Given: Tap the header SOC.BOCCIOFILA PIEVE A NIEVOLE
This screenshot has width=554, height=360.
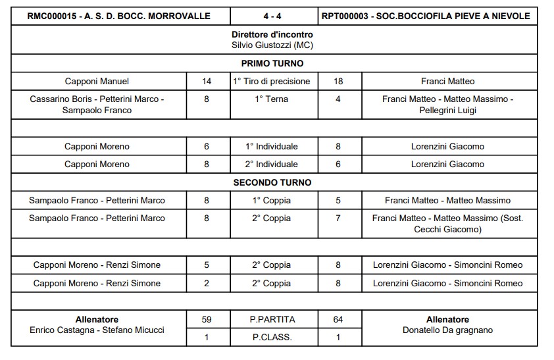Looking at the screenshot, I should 455,16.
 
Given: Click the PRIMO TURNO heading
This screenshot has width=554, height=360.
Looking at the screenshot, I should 272,64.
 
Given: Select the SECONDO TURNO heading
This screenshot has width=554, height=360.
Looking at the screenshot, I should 272,182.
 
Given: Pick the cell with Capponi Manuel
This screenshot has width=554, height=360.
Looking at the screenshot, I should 97,82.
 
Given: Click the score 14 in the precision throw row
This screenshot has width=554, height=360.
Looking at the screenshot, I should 207,82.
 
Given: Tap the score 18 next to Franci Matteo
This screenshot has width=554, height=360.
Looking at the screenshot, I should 338,82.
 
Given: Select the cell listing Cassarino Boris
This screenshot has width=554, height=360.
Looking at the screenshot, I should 97,105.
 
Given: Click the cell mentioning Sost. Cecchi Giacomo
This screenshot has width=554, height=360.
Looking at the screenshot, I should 447,224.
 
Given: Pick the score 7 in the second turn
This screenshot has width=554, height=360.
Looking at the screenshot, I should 338,218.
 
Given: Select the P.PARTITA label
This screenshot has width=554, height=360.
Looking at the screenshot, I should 272,320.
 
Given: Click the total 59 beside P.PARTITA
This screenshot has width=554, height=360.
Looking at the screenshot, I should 207,320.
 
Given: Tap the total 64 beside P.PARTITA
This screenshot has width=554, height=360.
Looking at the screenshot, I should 338,320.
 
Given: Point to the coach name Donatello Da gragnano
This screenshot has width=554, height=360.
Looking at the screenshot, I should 447,330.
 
